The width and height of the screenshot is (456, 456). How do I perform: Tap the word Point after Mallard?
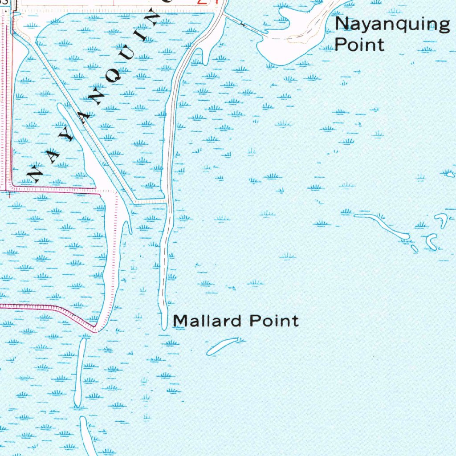pyautogui.click(x=274, y=321)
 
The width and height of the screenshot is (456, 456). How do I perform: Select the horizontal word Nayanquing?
pyautogui.click(x=392, y=25)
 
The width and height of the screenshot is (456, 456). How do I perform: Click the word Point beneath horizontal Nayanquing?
pyautogui.click(x=359, y=45)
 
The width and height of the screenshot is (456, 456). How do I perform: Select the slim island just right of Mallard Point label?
pyautogui.click(x=222, y=346)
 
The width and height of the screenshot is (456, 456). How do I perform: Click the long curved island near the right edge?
pyautogui.click(x=382, y=225)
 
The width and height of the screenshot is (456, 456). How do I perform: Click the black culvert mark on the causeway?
pyautogui.click(x=242, y=24)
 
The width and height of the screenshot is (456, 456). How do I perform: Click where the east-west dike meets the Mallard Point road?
pyautogui.click(x=167, y=203)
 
